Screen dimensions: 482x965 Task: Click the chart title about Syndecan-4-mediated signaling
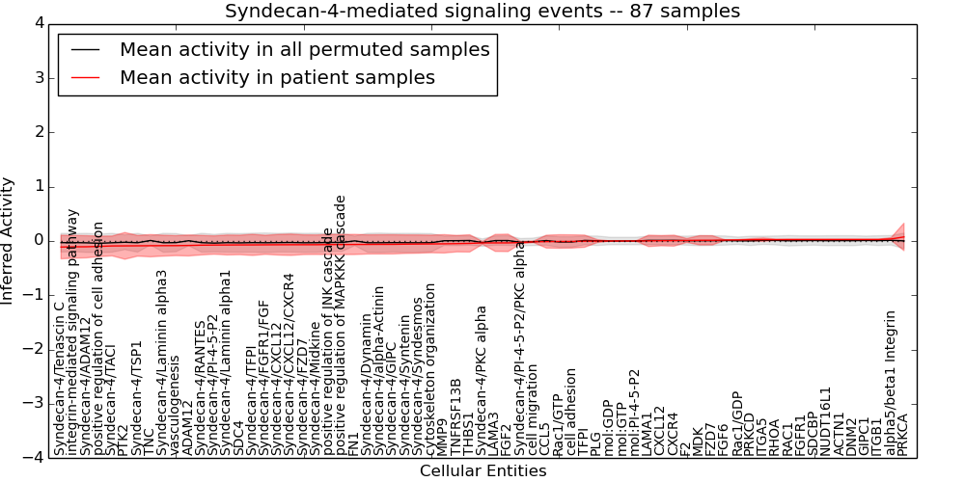(482, 12)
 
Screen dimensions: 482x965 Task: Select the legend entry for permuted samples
(304, 49)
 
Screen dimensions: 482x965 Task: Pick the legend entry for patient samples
(277, 77)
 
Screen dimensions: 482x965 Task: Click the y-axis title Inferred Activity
(9, 240)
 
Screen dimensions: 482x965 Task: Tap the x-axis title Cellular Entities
(482, 471)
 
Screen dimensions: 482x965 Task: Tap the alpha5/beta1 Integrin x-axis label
(891, 383)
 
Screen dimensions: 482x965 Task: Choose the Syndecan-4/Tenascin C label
(60, 378)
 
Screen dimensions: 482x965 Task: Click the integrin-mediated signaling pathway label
(73, 332)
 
